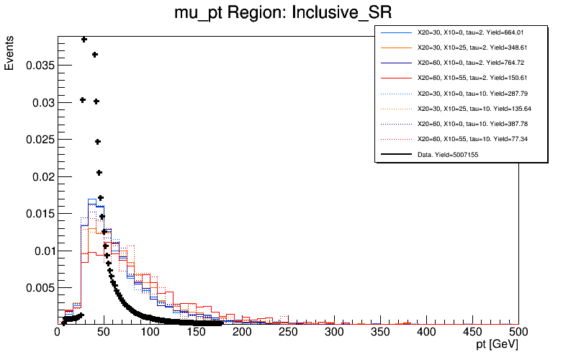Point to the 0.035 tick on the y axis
[x=37, y=66]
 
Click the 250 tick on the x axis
[x=288, y=332]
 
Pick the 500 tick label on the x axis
[x=518, y=332]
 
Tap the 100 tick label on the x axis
[x=150, y=332]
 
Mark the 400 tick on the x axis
[x=426, y=332]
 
